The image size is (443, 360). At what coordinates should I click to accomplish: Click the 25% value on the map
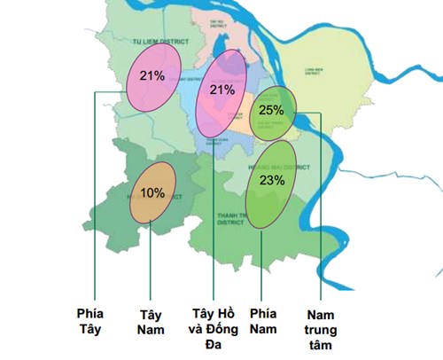[272, 110]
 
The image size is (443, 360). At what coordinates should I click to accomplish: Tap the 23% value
[272, 179]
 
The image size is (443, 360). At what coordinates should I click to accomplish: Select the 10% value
[152, 192]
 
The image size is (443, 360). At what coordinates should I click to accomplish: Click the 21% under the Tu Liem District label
[152, 75]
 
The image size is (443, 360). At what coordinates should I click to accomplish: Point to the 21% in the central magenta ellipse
[221, 90]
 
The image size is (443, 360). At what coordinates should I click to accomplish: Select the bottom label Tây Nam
[152, 321]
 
